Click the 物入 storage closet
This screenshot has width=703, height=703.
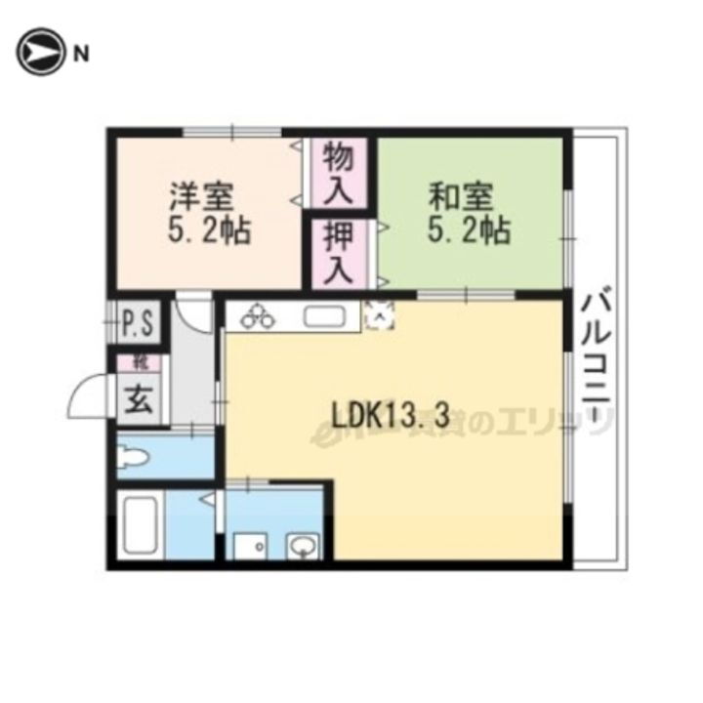click(x=338, y=172)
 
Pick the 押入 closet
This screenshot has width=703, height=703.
click(x=338, y=253)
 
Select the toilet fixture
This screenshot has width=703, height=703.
click(x=134, y=456)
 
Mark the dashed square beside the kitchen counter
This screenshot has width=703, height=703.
click(x=379, y=314)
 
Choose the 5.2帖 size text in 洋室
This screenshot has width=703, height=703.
click(x=208, y=232)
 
